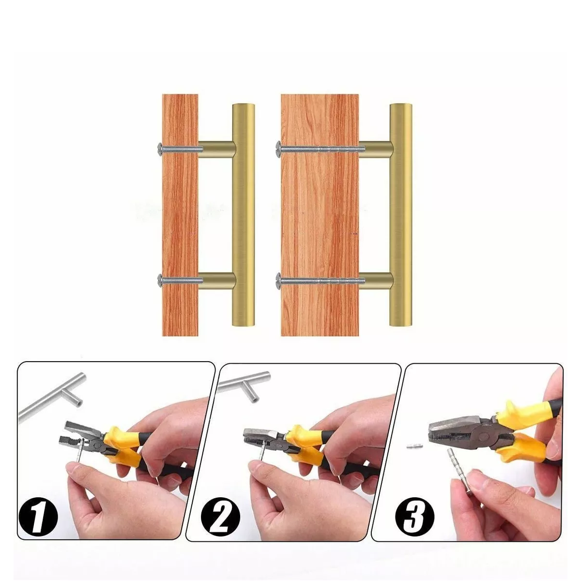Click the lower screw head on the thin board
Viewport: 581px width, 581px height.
(160, 280)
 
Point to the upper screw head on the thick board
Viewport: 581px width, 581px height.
(279, 148)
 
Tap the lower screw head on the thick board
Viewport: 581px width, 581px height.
(279, 280)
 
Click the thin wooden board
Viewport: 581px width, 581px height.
(180, 214)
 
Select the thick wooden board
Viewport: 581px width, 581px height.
(320, 214)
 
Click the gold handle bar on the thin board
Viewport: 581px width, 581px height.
(244, 214)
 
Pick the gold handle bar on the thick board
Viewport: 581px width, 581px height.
(401, 214)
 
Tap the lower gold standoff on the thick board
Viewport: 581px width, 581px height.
(375, 281)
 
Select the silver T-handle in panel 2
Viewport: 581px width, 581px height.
(244, 384)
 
